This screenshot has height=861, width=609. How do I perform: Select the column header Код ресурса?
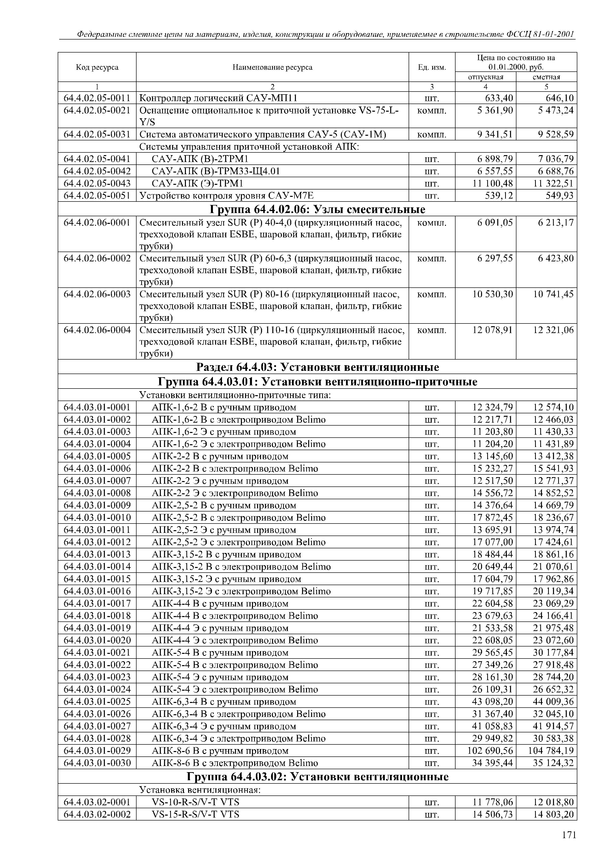pyautogui.click(x=97, y=67)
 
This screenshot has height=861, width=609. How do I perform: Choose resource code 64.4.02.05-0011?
pyautogui.click(x=97, y=98)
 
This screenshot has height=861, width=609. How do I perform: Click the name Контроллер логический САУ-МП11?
pyautogui.click(x=218, y=98)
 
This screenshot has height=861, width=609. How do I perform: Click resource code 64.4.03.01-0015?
pyautogui.click(x=97, y=579)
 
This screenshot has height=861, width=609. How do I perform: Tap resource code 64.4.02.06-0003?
pyautogui.click(x=97, y=294)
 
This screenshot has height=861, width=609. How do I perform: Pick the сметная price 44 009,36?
pyautogui.click(x=553, y=702)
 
